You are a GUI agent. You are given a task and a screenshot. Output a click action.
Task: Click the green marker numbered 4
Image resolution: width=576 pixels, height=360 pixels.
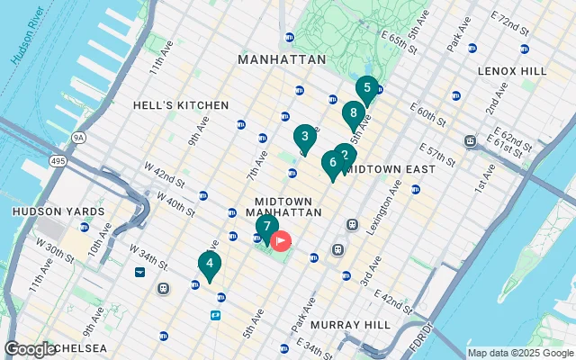[209, 265]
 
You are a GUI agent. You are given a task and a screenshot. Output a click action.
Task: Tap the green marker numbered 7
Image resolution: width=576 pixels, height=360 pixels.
[266, 226]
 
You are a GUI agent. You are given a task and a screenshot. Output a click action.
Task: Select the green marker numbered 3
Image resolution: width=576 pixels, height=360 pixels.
[305, 138]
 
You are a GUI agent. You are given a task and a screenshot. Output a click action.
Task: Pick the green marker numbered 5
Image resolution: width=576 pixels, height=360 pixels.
[365, 88]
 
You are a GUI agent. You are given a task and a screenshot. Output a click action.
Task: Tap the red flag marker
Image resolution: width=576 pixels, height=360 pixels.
[281, 240]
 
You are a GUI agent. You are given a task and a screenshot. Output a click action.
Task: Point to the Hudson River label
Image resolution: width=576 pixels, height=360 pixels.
[28, 41]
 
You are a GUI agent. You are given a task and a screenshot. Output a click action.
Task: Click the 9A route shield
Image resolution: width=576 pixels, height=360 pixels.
[78, 138]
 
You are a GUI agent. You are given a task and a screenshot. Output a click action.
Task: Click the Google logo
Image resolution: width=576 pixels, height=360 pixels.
[31, 348]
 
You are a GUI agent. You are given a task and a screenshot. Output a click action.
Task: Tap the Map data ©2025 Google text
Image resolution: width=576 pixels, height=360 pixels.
[519, 353]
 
